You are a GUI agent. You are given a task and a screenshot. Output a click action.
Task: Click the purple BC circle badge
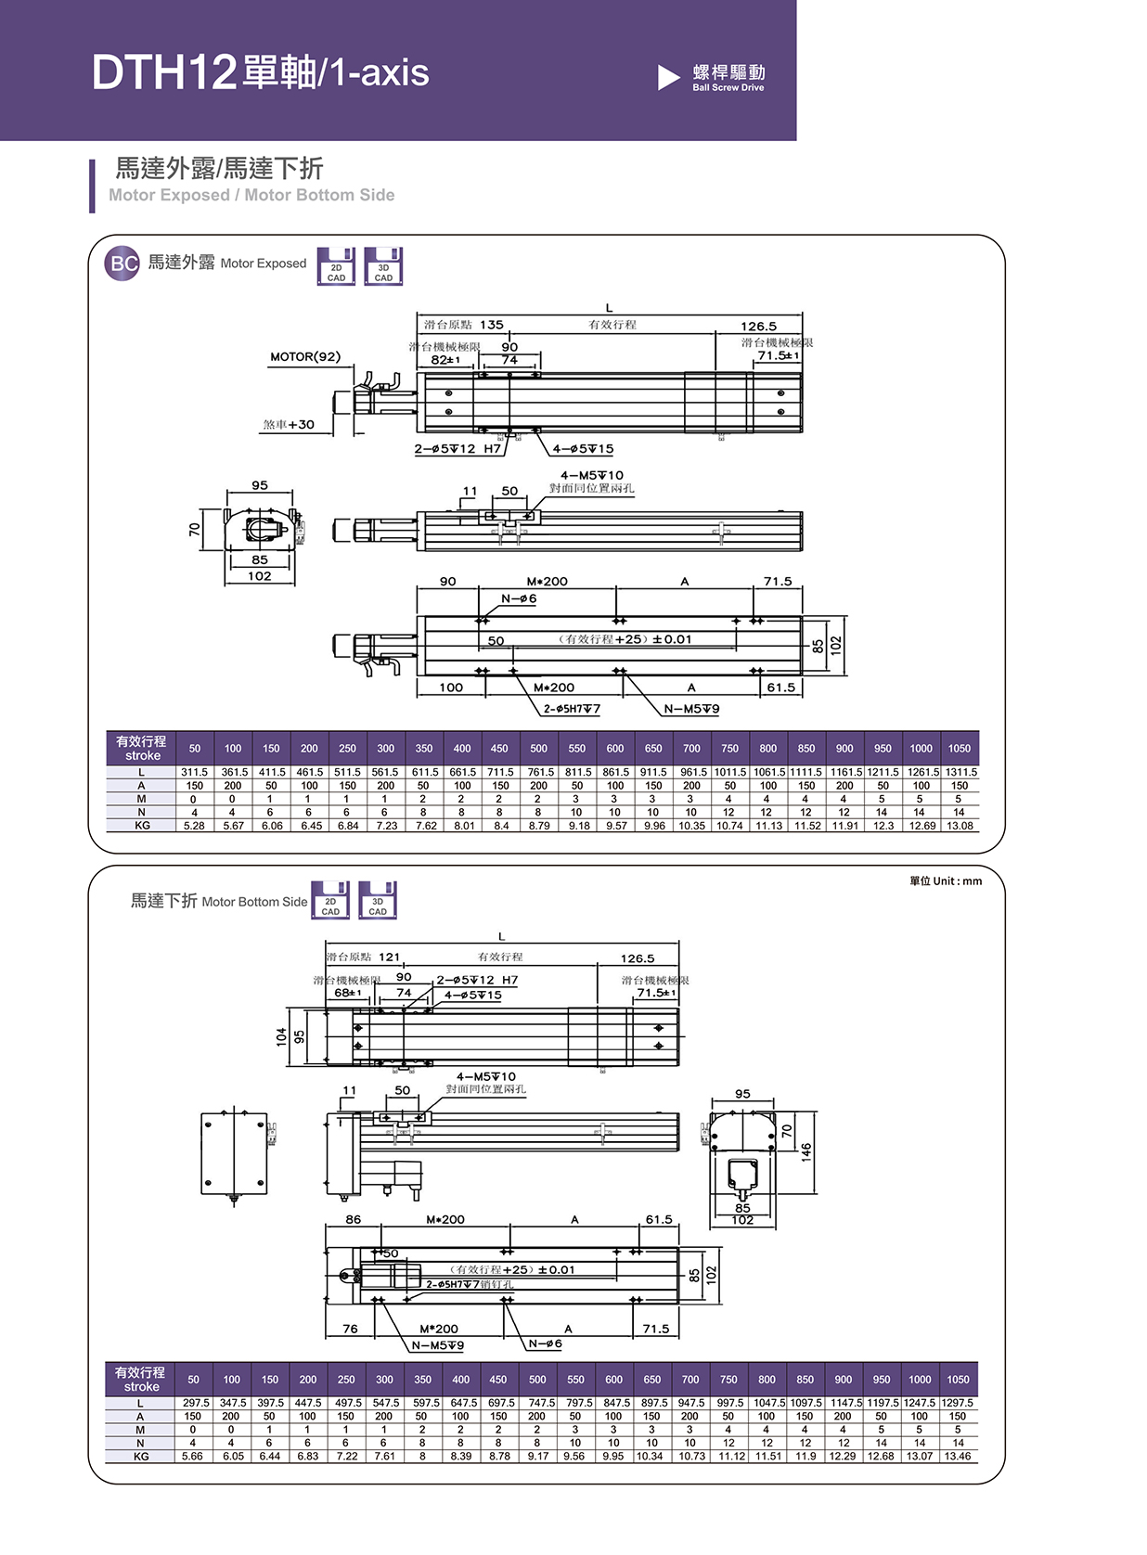tap(122, 263)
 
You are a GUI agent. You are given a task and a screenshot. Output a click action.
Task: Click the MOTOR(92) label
tap(305, 356)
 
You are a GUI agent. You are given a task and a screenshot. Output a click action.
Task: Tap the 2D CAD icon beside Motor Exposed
tap(336, 266)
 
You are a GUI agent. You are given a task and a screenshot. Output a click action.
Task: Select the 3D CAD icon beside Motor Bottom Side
tap(378, 900)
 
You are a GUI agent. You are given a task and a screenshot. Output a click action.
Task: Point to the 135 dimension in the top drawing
tap(492, 325)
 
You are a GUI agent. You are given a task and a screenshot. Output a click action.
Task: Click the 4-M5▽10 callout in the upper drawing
tap(592, 475)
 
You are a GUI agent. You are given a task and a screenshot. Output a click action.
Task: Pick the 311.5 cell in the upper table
tap(194, 772)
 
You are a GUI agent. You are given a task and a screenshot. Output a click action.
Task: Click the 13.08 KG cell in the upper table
tap(960, 826)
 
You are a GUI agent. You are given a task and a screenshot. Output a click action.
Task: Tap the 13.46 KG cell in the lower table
tap(958, 1457)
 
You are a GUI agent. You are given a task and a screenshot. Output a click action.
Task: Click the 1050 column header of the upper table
tap(960, 749)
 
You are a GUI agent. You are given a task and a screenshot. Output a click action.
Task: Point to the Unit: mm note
tap(946, 881)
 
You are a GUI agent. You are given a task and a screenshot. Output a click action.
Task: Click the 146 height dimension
tap(806, 1151)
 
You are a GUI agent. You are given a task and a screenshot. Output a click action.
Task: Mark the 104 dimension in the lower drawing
tap(281, 1036)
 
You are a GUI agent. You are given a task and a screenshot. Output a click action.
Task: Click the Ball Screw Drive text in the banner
tap(728, 87)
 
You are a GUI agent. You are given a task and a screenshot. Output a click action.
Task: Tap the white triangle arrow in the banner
tap(668, 77)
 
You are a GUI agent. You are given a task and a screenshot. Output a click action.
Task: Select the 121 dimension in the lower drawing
tap(390, 957)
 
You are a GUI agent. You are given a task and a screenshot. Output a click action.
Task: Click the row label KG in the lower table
tap(141, 1457)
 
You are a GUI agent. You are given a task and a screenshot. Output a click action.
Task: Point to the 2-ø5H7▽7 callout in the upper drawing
tap(572, 709)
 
